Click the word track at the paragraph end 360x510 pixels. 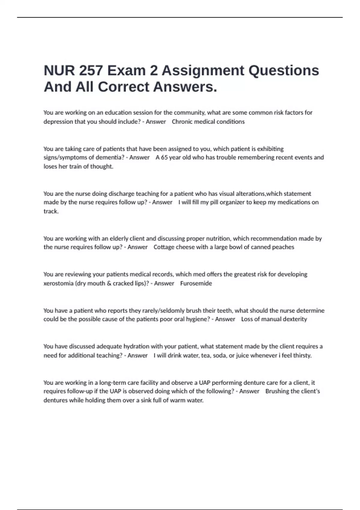tap(50, 211)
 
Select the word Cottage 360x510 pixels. tap(164, 247)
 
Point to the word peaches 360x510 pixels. tap(283, 247)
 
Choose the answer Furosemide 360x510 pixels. tap(196, 283)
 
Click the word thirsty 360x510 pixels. tap(301, 355)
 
